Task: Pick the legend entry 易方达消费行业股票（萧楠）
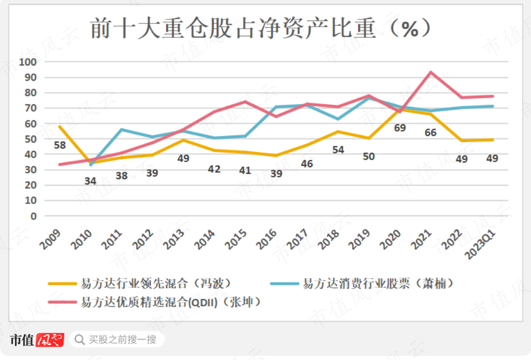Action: pos(378,283)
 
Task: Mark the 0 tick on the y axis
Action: pos(34,216)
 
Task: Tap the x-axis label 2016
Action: pos(267,239)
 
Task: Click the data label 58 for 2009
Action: pos(60,145)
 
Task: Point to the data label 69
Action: pos(400,128)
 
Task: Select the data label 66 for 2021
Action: pos(430,132)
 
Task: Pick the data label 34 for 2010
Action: pos(90,181)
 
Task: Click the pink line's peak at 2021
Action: pos(431,72)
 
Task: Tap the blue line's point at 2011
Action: pos(122,129)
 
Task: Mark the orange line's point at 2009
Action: pos(60,126)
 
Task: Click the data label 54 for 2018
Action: pos(338,150)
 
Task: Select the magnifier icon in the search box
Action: pos(80,340)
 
